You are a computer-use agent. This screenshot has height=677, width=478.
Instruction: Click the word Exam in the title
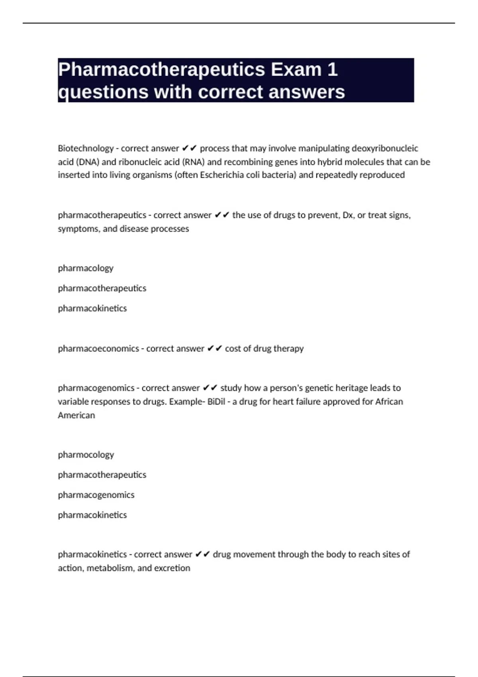point(296,70)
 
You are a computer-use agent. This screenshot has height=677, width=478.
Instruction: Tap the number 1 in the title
point(332,70)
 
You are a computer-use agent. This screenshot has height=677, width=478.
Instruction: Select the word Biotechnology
point(86,148)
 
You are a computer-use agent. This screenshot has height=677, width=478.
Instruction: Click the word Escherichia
point(221,175)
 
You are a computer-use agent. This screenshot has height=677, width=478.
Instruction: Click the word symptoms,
point(78,229)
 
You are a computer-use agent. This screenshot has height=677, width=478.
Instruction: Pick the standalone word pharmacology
point(86,268)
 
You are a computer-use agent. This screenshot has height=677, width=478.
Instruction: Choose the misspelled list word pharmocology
point(86,454)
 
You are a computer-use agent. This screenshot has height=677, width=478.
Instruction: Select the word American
point(76,415)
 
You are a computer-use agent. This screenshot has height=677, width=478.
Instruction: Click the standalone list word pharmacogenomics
point(96,495)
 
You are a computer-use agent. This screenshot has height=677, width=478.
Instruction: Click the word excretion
point(173,568)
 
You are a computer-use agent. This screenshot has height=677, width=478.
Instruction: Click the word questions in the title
point(103,92)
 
